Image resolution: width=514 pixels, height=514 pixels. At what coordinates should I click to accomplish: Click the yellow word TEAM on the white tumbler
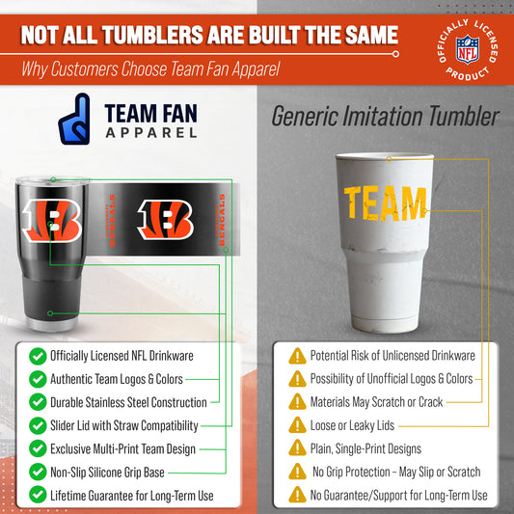tap(385, 203)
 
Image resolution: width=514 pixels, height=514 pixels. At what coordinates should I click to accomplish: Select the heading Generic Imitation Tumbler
tap(386, 118)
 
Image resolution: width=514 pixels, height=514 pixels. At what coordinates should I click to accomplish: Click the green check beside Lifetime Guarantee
tap(37, 495)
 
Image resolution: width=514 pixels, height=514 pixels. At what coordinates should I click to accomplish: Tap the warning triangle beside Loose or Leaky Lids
tap(297, 425)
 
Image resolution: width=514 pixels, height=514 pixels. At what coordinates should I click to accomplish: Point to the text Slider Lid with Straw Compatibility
tap(124, 425)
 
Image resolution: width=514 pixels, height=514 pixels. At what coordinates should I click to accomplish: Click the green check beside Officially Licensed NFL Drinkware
tap(37, 356)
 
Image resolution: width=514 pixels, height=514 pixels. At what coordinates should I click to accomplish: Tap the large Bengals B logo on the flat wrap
tap(166, 220)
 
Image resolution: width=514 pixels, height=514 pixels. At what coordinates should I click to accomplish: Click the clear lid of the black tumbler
tap(48, 181)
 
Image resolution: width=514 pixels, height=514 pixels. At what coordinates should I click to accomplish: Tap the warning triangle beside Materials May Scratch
tap(297, 402)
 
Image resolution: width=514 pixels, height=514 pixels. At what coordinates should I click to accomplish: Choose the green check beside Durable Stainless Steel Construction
tap(37, 402)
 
